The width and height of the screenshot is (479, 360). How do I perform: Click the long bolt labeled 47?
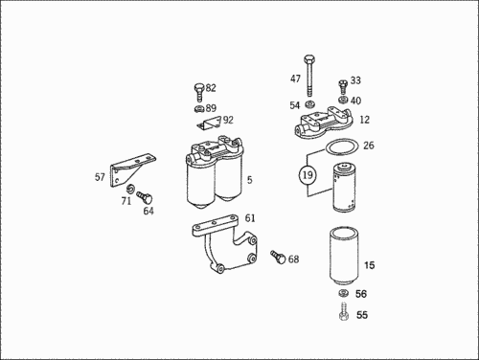pos(309,76)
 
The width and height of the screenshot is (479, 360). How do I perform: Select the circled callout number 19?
pos(308,175)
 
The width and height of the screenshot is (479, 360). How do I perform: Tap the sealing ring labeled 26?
pos(342,146)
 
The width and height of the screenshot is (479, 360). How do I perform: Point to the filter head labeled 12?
pos(324,123)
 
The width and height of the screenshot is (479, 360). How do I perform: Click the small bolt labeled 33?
pos(343,87)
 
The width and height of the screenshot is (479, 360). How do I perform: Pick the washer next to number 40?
pos(343,100)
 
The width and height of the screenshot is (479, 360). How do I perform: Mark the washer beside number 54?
pos(309,104)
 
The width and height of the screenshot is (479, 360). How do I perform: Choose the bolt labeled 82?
pos(198,92)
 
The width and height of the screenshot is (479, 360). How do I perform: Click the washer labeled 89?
pos(199,108)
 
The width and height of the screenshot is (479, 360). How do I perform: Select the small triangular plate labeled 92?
pos(209,124)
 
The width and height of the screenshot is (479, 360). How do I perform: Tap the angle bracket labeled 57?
pos(129,169)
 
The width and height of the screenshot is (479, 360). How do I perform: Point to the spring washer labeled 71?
pos(130,189)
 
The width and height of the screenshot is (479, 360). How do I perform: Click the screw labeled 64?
pos(145,197)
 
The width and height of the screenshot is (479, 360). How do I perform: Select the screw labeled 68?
pos(278,257)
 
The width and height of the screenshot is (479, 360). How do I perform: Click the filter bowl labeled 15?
pos(344,256)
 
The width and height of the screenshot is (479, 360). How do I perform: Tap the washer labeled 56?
pos(343,293)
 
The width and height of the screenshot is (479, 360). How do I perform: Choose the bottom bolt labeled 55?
pos(343,311)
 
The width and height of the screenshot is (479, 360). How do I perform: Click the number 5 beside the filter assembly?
pos(249,180)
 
